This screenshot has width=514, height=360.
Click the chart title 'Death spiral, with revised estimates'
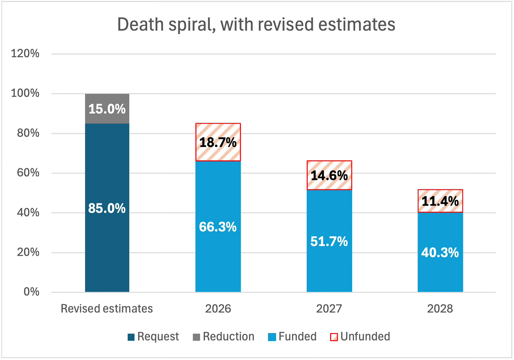click(x=256, y=25)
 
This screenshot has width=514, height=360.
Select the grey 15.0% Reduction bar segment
click(x=107, y=108)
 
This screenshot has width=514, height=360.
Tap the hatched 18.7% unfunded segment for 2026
click(x=218, y=142)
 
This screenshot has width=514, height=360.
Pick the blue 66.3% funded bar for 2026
click(x=218, y=226)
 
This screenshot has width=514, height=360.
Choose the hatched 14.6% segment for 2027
click(x=329, y=175)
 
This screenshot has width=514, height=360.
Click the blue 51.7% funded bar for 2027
click(x=329, y=241)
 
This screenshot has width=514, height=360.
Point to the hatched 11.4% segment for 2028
click(x=440, y=201)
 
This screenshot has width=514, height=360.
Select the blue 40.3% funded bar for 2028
click(x=440, y=252)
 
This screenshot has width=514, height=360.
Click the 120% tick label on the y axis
click(x=25, y=54)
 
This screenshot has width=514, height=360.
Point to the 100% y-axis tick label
click(x=25, y=94)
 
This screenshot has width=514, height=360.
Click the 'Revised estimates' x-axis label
click(x=107, y=308)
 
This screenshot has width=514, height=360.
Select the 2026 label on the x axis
click(x=218, y=308)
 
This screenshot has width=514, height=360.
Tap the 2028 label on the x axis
click(x=440, y=308)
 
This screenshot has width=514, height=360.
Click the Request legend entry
click(x=153, y=337)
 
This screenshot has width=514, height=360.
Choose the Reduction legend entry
click(x=223, y=337)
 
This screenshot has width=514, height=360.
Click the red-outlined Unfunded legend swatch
click(x=334, y=337)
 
